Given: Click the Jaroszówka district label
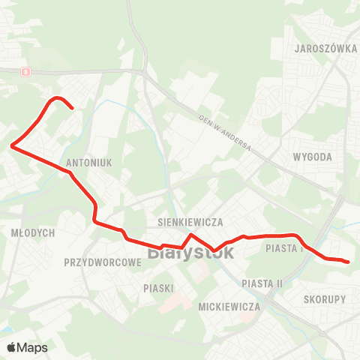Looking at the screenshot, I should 326,46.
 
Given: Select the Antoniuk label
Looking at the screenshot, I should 88,162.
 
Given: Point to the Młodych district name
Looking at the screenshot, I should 34,233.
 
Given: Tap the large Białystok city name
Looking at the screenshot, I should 191,253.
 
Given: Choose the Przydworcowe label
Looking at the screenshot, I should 103,263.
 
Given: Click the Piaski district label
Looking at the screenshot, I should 158,288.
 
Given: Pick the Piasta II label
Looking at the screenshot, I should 262,283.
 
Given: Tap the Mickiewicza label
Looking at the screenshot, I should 229,307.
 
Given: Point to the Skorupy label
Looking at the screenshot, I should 325,298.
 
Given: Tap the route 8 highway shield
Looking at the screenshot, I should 25,72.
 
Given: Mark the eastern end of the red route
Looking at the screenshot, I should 348,262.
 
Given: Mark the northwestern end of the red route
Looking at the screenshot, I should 71,109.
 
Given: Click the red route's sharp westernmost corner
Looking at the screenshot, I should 12,147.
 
